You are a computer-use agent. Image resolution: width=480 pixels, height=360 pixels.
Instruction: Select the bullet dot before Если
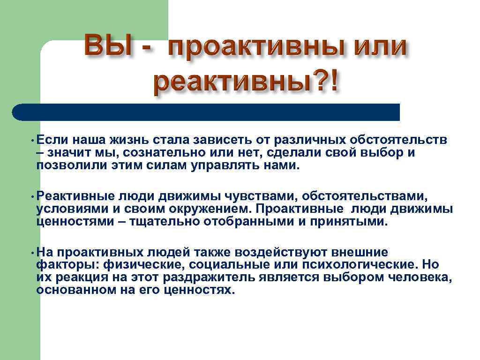pos(30,140)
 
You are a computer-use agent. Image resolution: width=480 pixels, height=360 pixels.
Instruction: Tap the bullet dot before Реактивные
pos(30,196)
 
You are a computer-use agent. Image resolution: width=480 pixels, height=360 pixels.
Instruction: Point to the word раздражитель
pos(209,277)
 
